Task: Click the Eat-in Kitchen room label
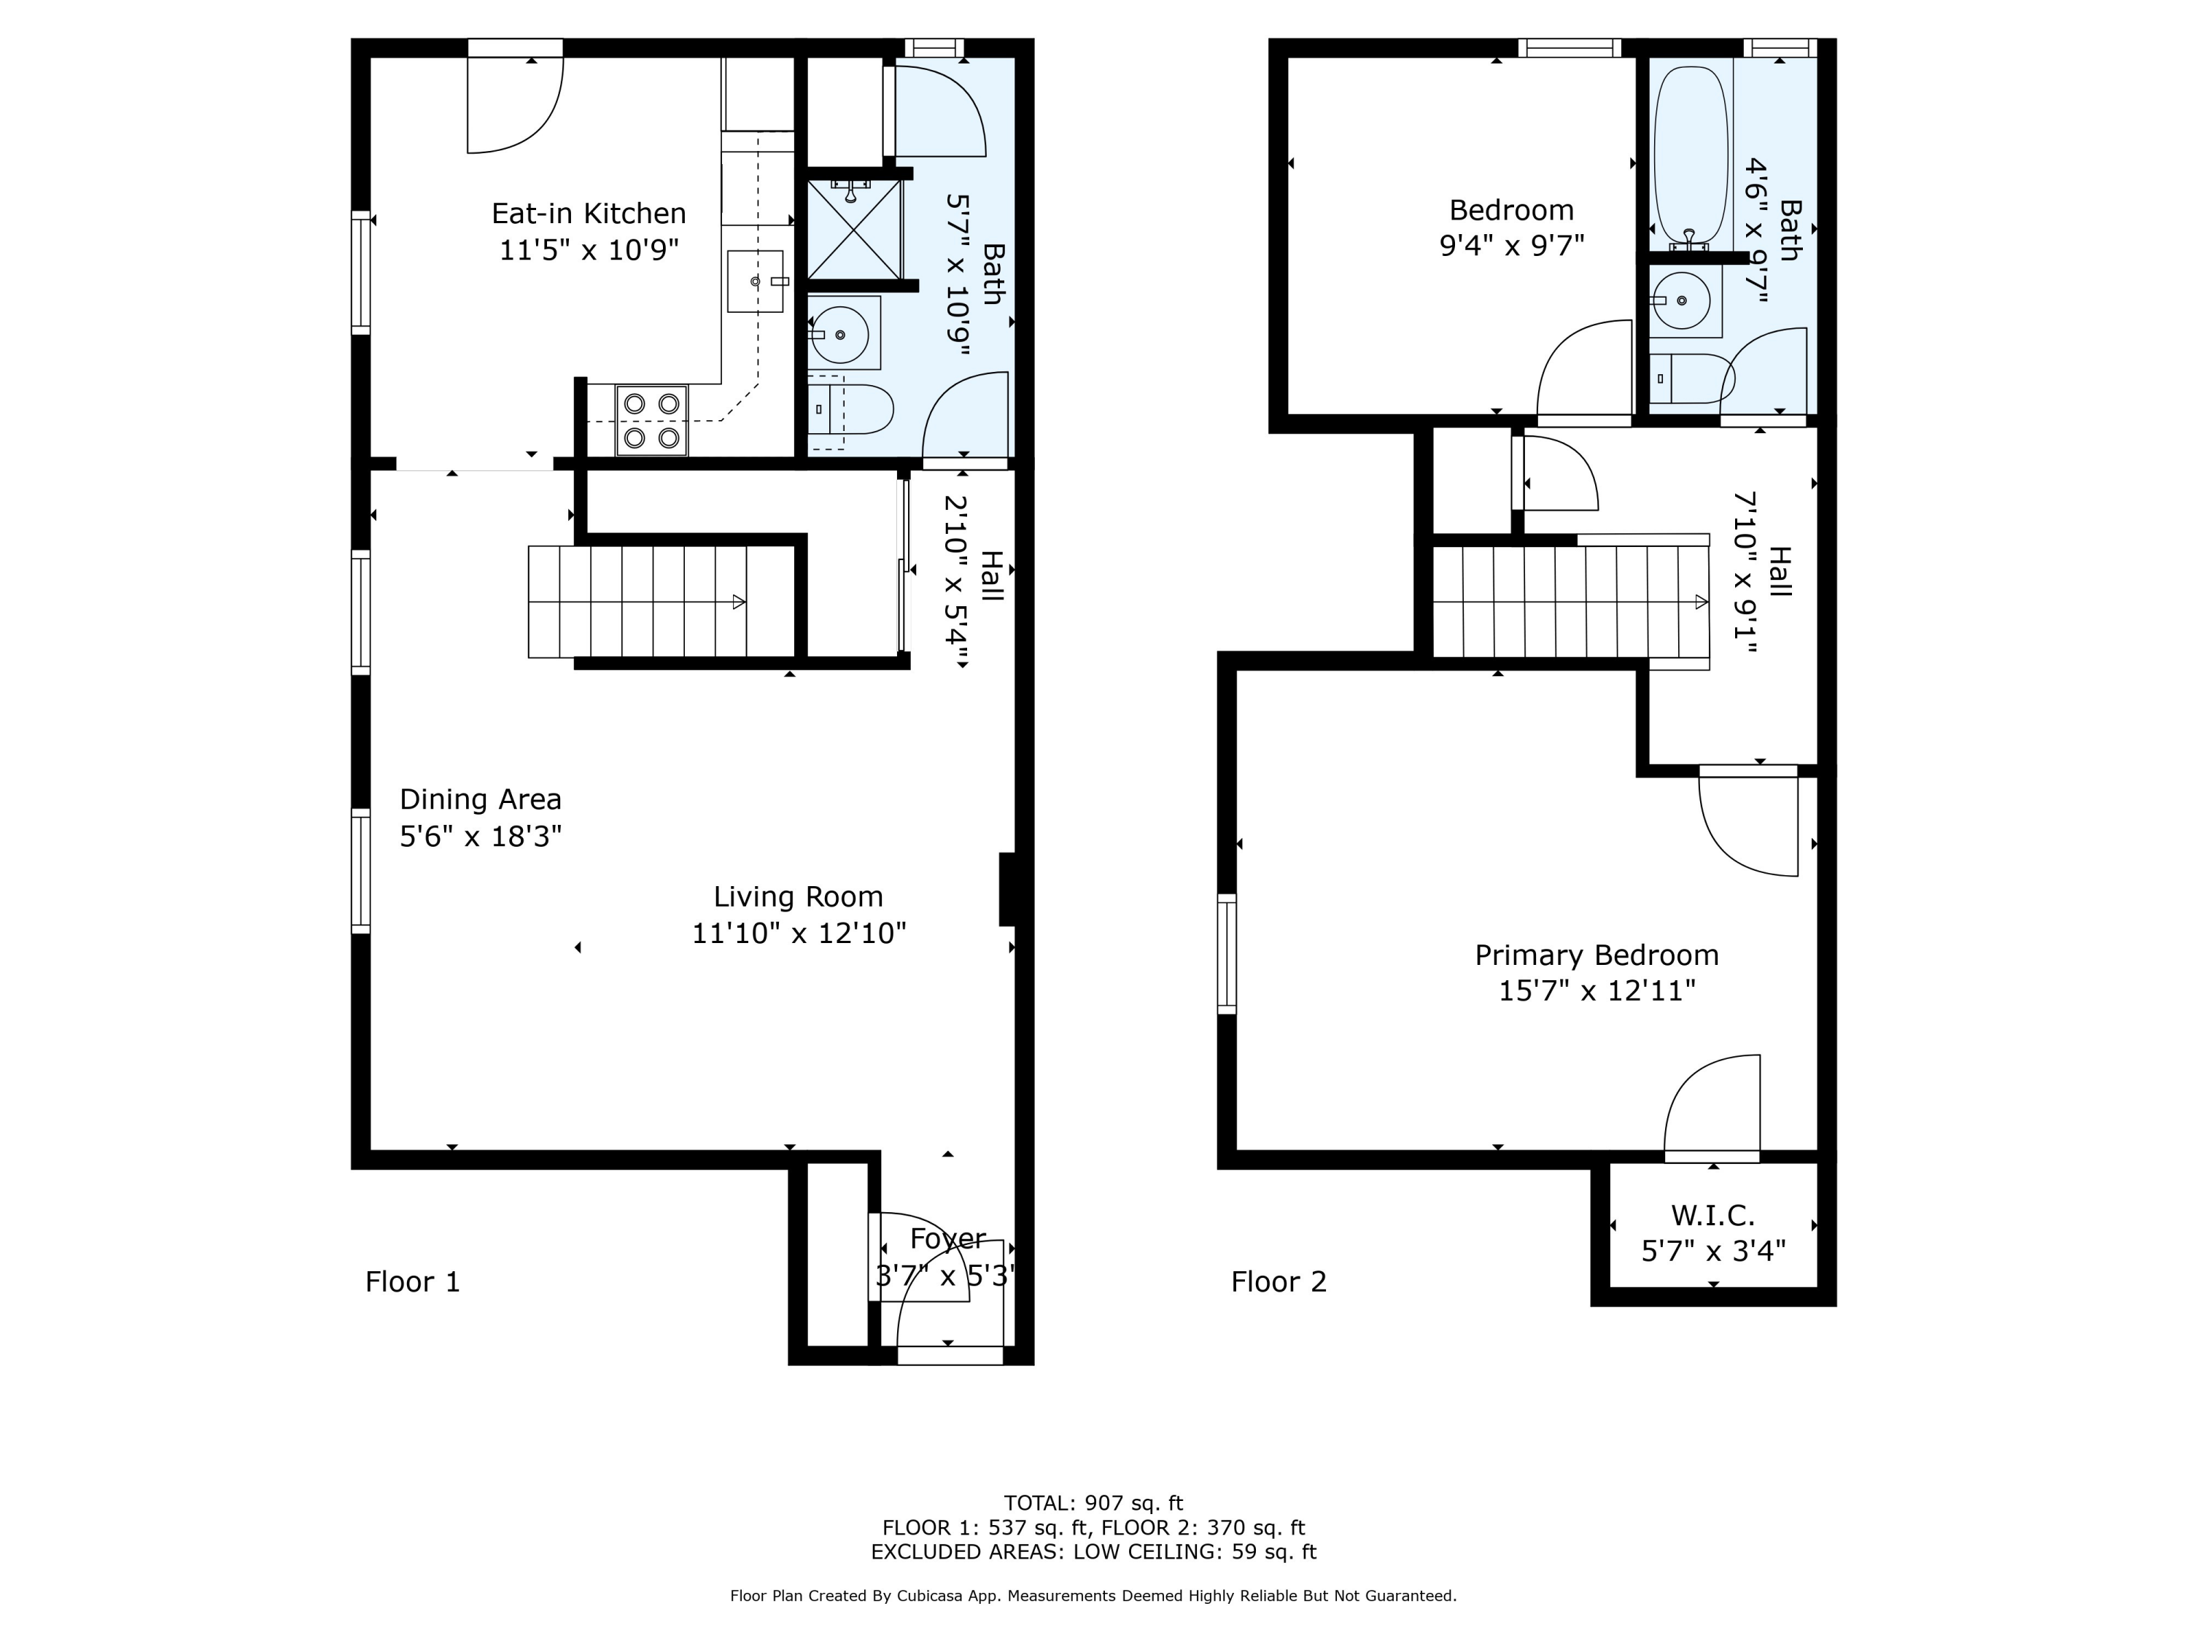click(589, 214)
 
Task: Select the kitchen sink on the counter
click(756, 282)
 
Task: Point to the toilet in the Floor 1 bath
click(850, 409)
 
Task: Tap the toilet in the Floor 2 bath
click(1691, 378)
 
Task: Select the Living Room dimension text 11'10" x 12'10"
click(799, 933)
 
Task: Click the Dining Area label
click(481, 799)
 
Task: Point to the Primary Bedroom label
click(1597, 955)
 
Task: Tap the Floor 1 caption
click(413, 1282)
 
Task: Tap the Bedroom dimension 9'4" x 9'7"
click(1511, 244)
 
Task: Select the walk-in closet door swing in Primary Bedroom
click(1712, 1106)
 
